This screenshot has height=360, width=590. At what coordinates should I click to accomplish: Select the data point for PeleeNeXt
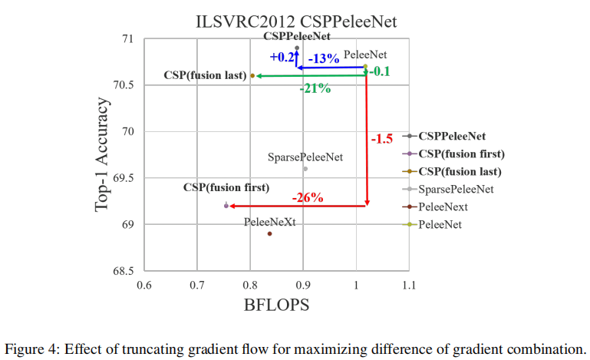click(x=269, y=233)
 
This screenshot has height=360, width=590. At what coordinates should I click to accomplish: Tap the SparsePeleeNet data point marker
click(x=305, y=169)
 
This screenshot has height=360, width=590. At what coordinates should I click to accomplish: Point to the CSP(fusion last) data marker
click(x=252, y=75)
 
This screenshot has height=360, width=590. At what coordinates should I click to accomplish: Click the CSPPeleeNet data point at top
click(x=297, y=48)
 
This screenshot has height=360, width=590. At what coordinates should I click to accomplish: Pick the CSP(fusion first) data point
click(x=226, y=206)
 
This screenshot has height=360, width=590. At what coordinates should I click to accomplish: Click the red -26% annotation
click(x=307, y=197)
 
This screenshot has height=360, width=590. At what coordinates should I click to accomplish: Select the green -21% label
click(x=315, y=88)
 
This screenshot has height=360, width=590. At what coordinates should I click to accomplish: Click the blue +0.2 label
click(x=282, y=57)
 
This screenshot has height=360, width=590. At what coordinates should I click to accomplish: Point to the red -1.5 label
click(x=381, y=139)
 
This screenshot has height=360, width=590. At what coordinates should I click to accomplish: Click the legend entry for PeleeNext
click(x=443, y=206)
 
